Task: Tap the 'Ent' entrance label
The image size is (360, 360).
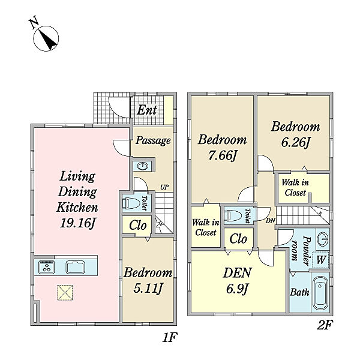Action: click(147, 110)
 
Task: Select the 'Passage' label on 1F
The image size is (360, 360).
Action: click(153, 140)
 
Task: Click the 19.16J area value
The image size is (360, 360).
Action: click(77, 223)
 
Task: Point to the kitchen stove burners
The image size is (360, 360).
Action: click(47, 267)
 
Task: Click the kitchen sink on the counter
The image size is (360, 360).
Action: click(76, 267)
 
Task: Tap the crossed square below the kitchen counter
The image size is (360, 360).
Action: click(65, 293)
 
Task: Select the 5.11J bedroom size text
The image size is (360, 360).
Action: click(148, 288)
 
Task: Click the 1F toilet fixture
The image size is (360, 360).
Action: click(131, 203)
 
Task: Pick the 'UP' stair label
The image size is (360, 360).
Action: click(164, 187)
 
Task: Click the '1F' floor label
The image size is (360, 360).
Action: click(170, 337)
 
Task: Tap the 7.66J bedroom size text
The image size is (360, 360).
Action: click(222, 155)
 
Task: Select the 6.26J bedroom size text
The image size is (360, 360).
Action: click(295, 143)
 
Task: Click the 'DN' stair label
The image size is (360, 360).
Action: click(270, 221)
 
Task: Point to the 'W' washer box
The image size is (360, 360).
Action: click(320, 260)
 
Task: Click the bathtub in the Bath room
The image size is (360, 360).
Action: click(320, 293)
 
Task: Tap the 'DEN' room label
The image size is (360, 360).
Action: click(237, 273)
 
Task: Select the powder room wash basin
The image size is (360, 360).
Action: click(323, 239)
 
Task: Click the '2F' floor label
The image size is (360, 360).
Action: click(325, 325)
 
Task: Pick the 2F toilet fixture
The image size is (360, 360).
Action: click(233, 216)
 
